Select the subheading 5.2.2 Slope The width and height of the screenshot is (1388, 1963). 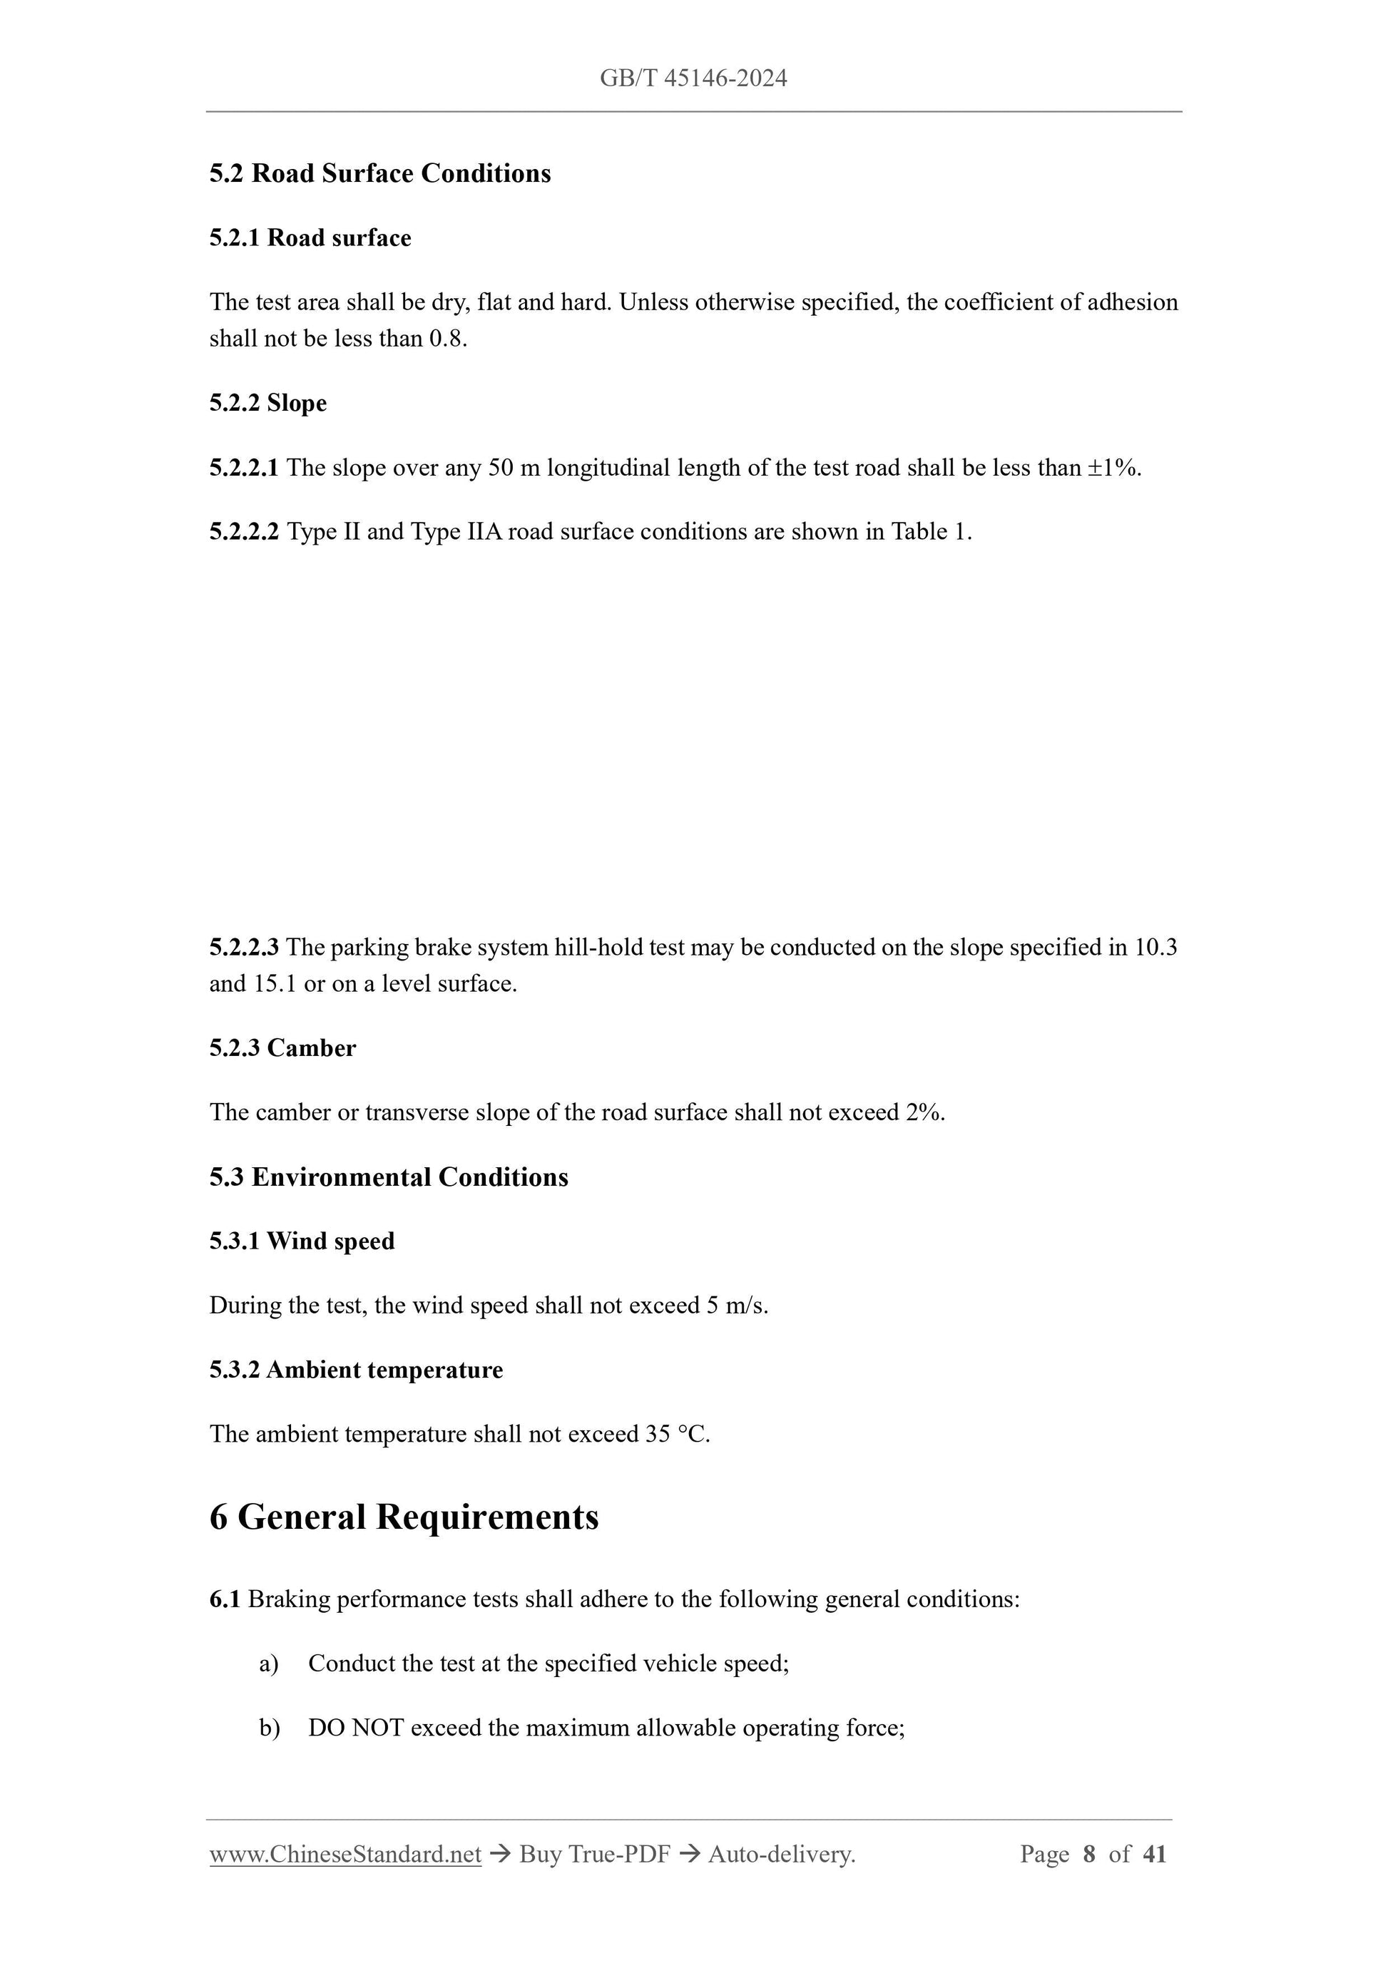(267, 403)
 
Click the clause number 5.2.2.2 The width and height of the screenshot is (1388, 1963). (244, 532)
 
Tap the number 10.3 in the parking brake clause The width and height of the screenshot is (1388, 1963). (1155, 948)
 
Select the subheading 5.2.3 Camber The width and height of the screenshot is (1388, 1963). (282, 1048)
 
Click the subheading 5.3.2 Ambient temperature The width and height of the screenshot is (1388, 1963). (356, 1370)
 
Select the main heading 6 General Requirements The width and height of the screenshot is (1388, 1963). (404, 1517)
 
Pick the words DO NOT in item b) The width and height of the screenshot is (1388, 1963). (356, 1728)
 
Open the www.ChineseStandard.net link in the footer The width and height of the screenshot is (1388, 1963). (345, 1855)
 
